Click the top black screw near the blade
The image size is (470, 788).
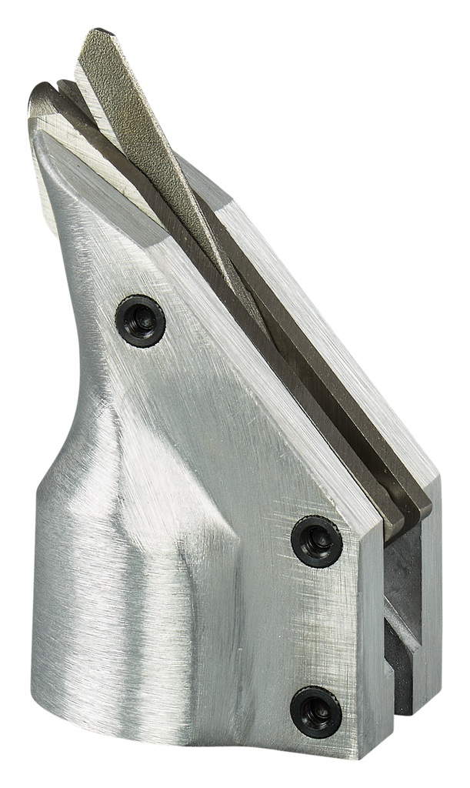pyautogui.click(x=141, y=321)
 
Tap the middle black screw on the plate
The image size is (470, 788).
pyautogui.click(x=316, y=541)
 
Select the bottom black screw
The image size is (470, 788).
pyautogui.click(x=316, y=711)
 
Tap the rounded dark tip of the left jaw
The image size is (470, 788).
pyautogui.click(x=38, y=96)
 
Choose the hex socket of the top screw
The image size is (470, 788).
pyautogui.click(x=141, y=321)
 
